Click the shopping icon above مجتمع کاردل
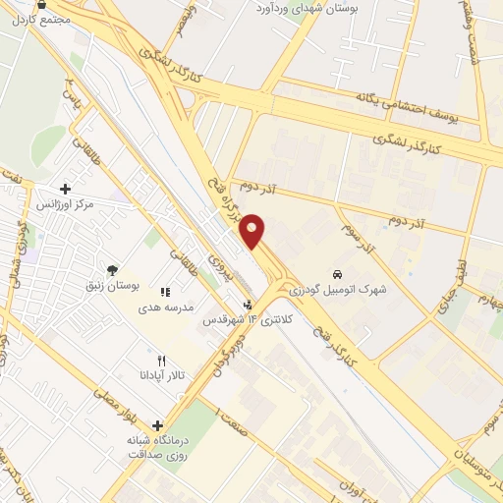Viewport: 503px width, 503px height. pos(40,4)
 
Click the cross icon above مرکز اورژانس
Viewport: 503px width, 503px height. pos(65,189)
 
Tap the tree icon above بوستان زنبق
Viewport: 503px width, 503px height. pos(115,269)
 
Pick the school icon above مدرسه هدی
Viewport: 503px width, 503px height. pos(165,292)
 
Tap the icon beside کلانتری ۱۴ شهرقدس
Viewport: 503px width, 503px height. pos(248,306)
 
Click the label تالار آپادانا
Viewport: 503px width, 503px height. pos(156,375)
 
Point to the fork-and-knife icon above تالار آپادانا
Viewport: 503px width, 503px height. pos(162,361)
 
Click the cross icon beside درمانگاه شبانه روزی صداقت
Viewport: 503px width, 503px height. pos(156,426)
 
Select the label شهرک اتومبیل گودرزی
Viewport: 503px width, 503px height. pos(346,289)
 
